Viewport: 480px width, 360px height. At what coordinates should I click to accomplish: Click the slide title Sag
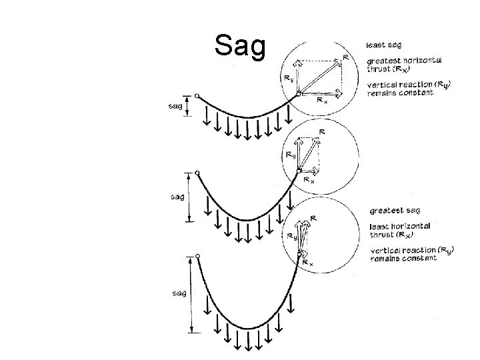click(x=240, y=47)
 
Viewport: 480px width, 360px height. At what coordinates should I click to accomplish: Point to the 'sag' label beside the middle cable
click(x=177, y=197)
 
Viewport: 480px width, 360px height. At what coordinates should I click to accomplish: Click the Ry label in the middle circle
click(x=290, y=155)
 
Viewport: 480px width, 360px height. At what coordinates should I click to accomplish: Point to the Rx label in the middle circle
click(x=309, y=179)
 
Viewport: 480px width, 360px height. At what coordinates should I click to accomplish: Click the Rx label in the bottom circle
click(x=308, y=263)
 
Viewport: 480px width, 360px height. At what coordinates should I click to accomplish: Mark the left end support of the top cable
click(x=197, y=96)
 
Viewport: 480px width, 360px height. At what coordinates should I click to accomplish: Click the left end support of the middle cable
click(x=197, y=175)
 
